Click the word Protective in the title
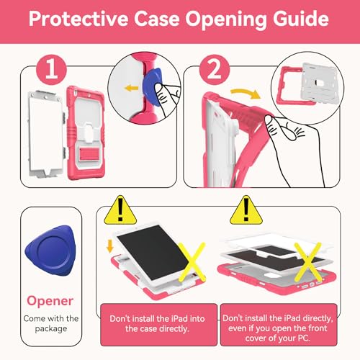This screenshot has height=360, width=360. pyautogui.click(x=78, y=19)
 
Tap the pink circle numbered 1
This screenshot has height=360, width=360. pyautogui.click(x=51, y=70)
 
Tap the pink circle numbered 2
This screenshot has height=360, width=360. pyautogui.click(x=215, y=70)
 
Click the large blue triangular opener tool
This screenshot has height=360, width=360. pyautogui.click(x=50, y=251)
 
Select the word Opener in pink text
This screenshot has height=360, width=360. pyautogui.click(x=50, y=301)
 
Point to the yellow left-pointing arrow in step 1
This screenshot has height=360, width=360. pyautogui.click(x=132, y=88)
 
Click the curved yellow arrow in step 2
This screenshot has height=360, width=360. pyautogui.click(x=246, y=94)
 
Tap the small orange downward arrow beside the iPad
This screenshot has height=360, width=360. pyautogui.click(x=110, y=246)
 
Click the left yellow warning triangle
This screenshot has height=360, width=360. pyautogui.click(x=120, y=210)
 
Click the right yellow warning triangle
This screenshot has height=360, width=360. pyautogui.click(x=246, y=210)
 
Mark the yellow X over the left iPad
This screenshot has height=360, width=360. pyautogui.click(x=192, y=261)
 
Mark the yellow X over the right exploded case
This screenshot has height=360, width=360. pyautogui.click(x=308, y=261)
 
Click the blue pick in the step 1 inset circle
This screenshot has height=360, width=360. pyautogui.click(x=151, y=87)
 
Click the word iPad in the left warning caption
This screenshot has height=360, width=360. pyautogui.click(x=177, y=319)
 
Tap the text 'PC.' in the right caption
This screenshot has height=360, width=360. pyautogui.click(x=304, y=338)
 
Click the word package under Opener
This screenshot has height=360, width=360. pyautogui.click(x=51, y=329)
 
